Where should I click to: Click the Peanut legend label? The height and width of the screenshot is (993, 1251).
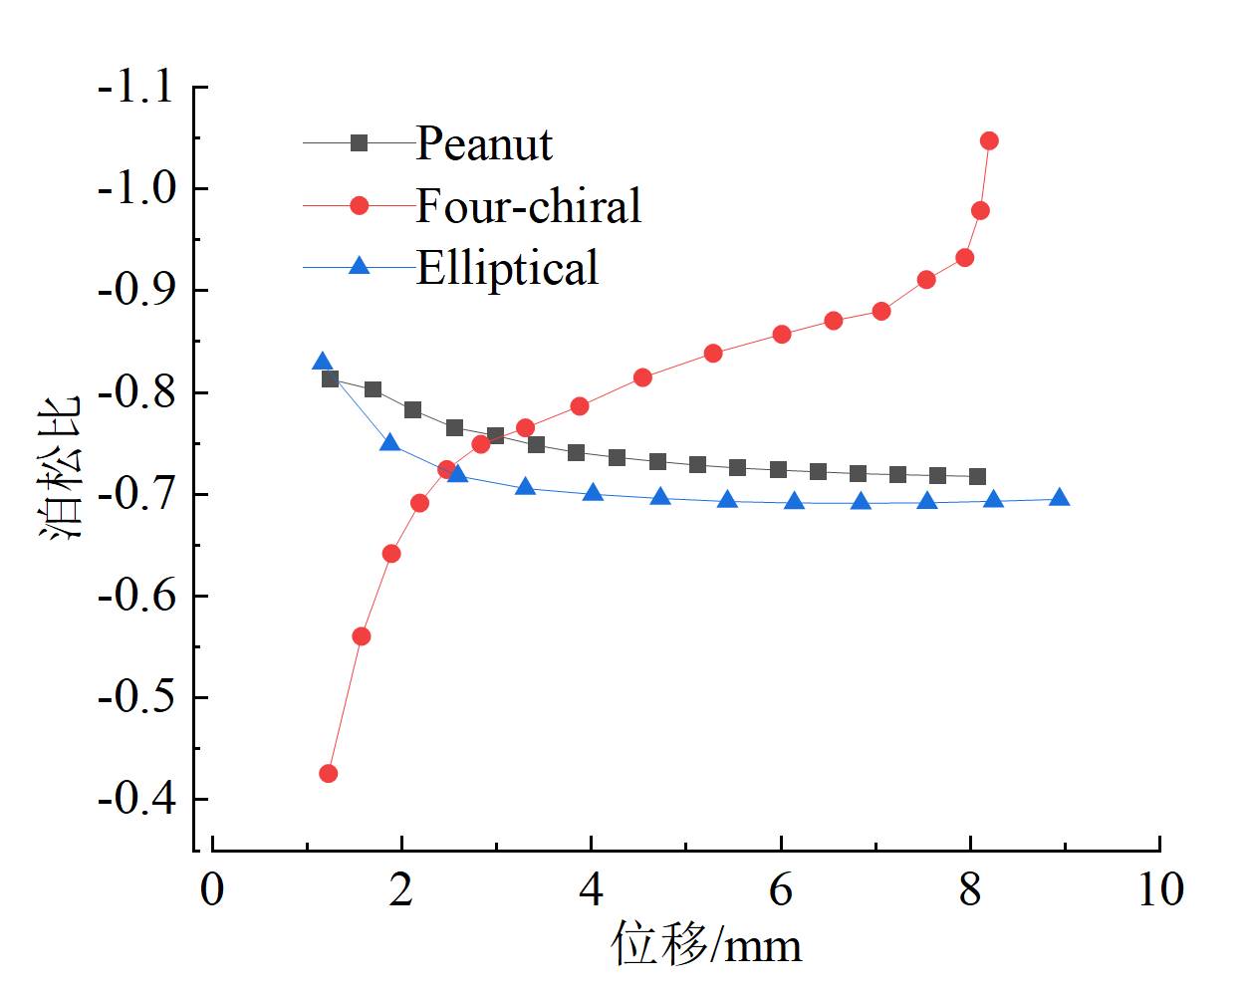click(483, 144)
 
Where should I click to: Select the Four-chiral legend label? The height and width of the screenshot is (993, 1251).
click(528, 206)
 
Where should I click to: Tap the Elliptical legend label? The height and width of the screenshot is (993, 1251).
click(507, 268)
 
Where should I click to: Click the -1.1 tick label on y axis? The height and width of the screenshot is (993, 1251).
click(134, 88)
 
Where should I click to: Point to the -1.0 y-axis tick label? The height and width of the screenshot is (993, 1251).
click(134, 188)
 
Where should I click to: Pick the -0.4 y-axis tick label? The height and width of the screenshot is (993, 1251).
click(134, 799)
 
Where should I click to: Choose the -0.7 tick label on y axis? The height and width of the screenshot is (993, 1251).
click(134, 494)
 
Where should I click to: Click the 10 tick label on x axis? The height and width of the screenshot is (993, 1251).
click(1160, 889)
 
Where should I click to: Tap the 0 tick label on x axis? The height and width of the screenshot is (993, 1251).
click(212, 889)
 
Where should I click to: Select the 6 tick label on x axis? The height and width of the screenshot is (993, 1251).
click(781, 889)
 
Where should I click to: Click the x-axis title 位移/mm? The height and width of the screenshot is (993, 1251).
click(706, 944)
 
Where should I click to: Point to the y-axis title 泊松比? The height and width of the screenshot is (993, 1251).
click(62, 468)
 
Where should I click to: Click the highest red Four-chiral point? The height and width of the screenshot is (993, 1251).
click(989, 140)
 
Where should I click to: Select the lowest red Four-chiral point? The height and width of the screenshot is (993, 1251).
click(329, 774)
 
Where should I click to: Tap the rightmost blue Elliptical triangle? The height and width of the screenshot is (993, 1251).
click(1060, 498)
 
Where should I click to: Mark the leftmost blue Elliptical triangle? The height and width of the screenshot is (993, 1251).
click(322, 363)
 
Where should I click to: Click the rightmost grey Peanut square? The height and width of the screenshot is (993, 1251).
click(977, 477)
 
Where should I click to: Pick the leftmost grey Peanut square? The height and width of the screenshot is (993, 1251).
click(331, 378)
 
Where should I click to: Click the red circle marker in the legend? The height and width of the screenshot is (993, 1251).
click(360, 206)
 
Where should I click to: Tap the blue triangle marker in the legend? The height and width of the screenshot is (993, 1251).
click(360, 267)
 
